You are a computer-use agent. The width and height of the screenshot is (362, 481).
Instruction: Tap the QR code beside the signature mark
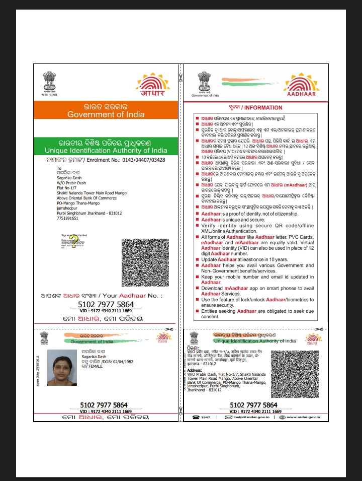click(145, 262)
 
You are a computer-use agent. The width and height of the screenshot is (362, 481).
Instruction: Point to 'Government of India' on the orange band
click(106, 114)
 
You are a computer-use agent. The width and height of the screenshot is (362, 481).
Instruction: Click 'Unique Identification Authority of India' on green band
click(106, 151)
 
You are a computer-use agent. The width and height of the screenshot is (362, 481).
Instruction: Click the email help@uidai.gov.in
click(244, 418)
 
